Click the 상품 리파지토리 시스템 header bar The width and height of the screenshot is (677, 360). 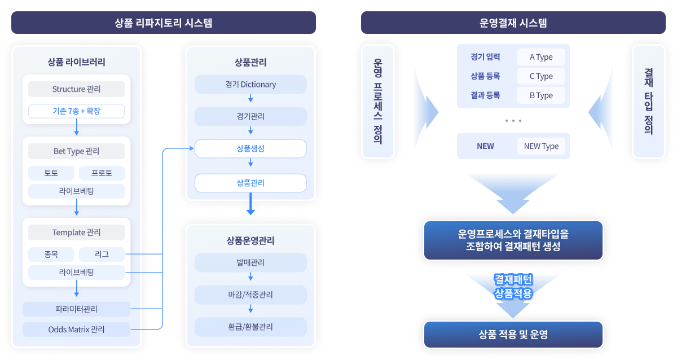164,23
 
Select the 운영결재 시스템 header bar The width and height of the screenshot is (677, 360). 513,23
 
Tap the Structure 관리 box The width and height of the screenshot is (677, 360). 76,89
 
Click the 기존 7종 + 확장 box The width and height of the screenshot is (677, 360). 76,111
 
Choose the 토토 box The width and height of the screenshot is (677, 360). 51,173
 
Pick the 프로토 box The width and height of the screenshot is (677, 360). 102,173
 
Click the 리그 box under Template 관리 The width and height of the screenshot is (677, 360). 102,254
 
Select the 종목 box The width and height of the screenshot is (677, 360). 51,254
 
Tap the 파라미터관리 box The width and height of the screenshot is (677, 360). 76,309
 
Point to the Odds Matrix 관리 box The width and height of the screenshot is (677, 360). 76,329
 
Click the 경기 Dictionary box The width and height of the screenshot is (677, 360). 250,85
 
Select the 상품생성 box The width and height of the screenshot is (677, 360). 250,149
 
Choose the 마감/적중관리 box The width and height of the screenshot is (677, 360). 250,295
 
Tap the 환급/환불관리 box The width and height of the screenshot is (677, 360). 250,327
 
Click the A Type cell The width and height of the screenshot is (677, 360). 541,57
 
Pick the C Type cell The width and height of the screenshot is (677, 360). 541,76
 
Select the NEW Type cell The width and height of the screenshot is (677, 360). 541,146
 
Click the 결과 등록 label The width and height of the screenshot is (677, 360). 485,95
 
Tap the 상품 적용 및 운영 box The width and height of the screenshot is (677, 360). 513,334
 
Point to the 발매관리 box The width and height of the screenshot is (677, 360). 250,262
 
